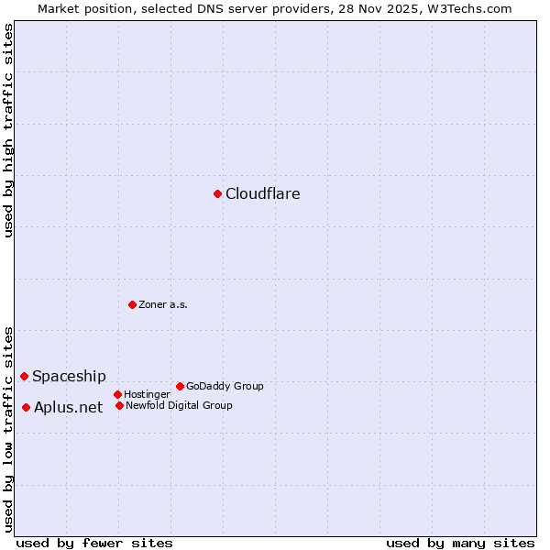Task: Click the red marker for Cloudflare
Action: click(x=217, y=193)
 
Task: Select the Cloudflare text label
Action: click(x=262, y=193)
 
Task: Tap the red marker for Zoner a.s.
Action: click(x=132, y=304)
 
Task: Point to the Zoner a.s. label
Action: click(x=163, y=304)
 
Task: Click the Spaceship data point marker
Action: click(x=24, y=376)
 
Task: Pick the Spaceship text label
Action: click(x=69, y=376)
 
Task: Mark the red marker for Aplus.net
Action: click(x=26, y=407)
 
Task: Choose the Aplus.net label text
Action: click(x=68, y=407)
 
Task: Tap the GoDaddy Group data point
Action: click(x=180, y=386)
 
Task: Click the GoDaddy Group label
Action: click(x=225, y=386)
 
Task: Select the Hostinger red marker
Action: click(x=117, y=394)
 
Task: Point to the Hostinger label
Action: click(x=147, y=394)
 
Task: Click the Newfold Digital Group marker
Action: click(x=119, y=405)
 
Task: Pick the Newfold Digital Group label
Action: click(x=179, y=405)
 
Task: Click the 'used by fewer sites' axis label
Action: click(x=94, y=543)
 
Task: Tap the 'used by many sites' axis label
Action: click(x=460, y=543)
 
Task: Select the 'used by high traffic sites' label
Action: click(x=8, y=130)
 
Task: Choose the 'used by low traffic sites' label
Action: click(x=8, y=429)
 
